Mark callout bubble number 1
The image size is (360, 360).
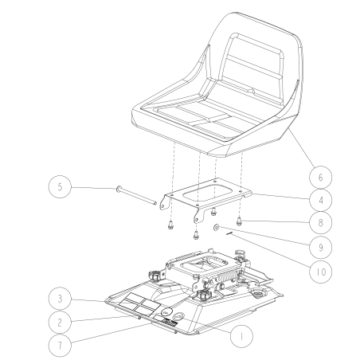(237, 337)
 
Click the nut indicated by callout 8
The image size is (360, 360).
(242, 218)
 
